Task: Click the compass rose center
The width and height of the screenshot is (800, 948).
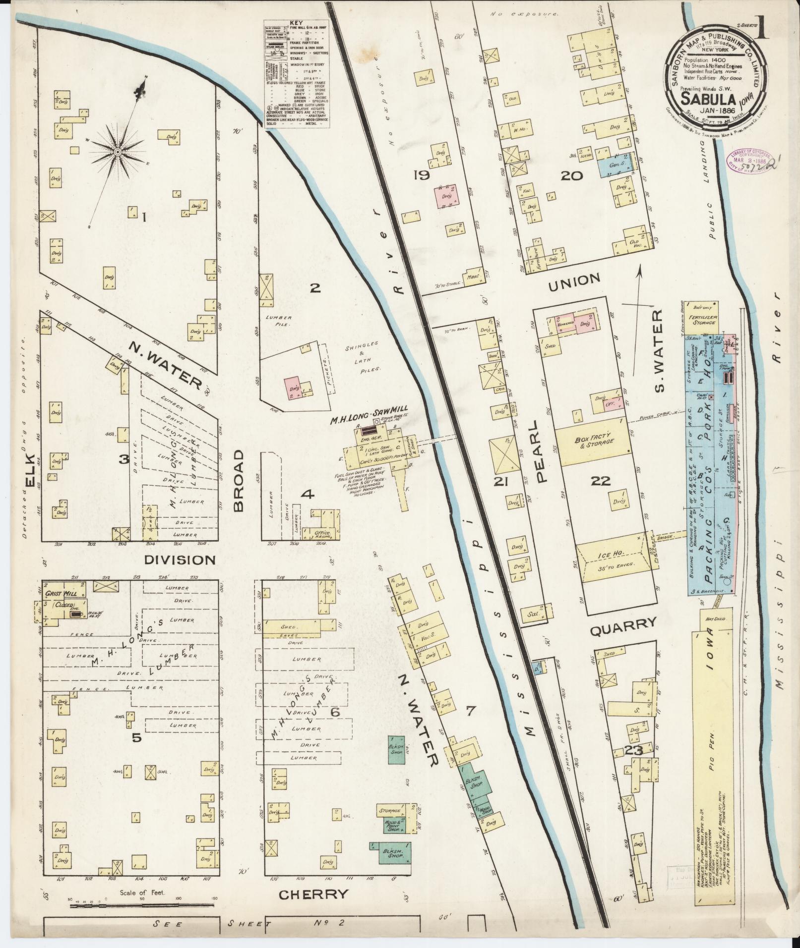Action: (118, 152)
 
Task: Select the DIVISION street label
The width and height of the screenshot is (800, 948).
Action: (180, 560)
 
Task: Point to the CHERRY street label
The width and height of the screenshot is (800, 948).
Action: (313, 894)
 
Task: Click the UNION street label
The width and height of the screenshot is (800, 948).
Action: (574, 280)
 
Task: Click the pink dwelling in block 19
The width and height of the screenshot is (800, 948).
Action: (446, 196)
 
